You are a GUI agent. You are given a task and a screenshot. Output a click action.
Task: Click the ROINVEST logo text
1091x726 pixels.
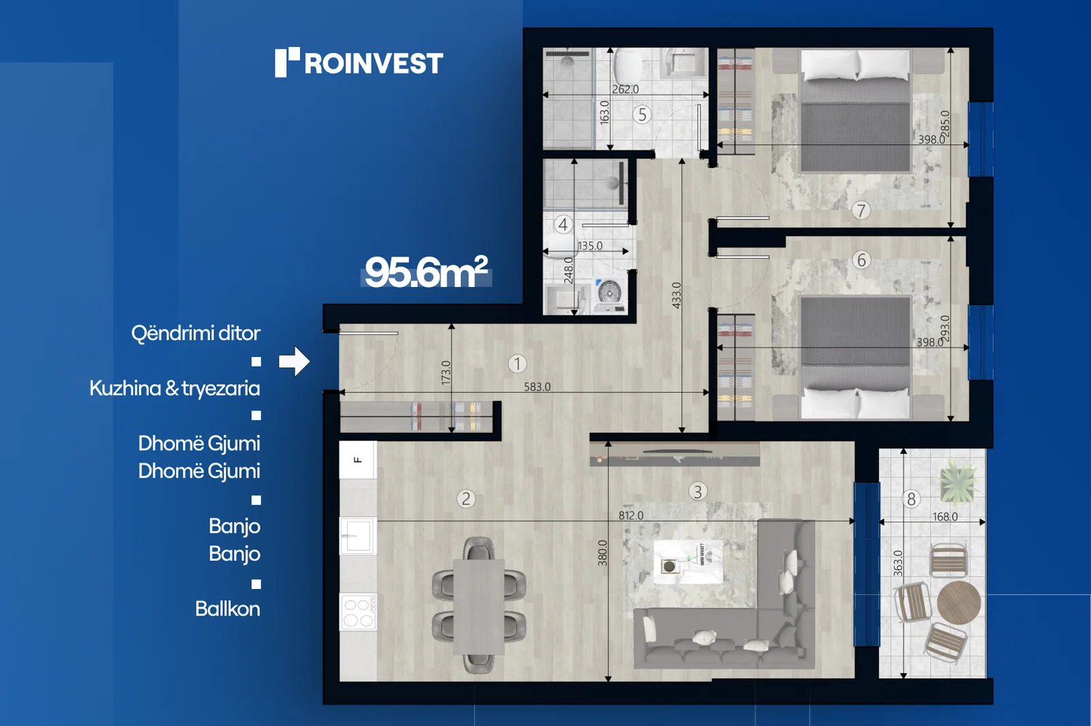coord(374,63)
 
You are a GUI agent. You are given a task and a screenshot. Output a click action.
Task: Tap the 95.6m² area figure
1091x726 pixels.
coord(426,272)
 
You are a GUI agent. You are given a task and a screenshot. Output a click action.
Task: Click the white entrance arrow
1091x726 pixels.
coord(294,361)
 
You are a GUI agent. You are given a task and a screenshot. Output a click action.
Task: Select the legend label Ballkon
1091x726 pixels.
coord(228,609)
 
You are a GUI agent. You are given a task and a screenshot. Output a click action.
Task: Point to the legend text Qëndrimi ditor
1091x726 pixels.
coord(196,334)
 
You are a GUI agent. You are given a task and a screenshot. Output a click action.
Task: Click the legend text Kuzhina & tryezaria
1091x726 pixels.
coord(175,389)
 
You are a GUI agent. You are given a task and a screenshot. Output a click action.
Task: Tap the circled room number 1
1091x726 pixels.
coord(517,364)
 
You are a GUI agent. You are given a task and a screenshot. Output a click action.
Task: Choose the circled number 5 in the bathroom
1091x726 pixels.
coord(642,115)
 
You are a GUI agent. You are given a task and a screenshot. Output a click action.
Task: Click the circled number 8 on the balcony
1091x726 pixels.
coord(911,499)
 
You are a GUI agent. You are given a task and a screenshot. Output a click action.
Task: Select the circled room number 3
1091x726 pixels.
coord(698,491)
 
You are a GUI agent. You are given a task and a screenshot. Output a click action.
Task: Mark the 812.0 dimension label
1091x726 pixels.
coord(631,515)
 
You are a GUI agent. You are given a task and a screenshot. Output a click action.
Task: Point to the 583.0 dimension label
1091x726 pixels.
coord(537,387)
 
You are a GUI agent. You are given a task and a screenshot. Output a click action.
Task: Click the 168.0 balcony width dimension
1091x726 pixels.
coord(945,517)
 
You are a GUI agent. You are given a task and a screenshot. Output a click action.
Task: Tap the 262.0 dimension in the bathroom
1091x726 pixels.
coord(625,89)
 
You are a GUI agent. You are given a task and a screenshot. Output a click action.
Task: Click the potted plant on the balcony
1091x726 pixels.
coord(959,481)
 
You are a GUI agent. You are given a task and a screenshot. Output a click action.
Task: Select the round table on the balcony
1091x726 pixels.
coord(959,603)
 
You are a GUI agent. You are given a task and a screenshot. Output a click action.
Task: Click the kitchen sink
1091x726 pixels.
coord(358,536)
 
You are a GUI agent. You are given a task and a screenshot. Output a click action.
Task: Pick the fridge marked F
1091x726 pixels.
coord(358,459)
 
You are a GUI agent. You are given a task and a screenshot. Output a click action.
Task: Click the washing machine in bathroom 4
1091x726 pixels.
coord(610,295)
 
